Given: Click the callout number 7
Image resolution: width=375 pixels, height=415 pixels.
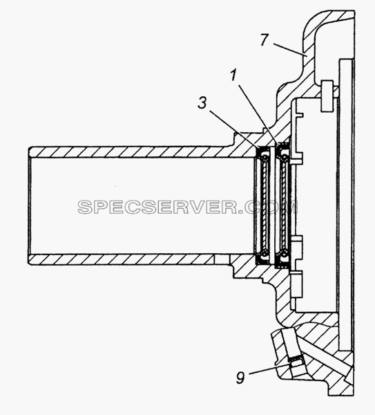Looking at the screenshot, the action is [x=265, y=41].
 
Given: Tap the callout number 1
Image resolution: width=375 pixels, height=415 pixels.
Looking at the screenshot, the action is [x=234, y=75].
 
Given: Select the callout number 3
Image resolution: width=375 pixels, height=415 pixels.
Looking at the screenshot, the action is [x=202, y=102].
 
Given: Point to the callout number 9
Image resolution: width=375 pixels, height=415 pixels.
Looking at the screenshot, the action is [x=241, y=378].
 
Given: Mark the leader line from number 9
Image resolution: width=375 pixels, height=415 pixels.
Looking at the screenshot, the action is [x=270, y=369].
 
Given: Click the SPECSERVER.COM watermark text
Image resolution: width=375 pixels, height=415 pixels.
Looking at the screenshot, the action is [x=188, y=207].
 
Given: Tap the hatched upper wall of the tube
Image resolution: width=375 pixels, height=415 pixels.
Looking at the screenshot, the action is [x=132, y=152].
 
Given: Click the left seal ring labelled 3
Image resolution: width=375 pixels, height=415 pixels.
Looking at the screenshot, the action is [x=262, y=205].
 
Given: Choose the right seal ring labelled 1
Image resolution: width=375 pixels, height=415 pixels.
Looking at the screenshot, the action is [x=282, y=205].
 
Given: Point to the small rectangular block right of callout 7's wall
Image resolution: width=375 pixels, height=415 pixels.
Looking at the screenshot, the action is [x=327, y=95].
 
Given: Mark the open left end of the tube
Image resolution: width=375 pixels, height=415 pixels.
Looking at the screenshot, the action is [x=30, y=205].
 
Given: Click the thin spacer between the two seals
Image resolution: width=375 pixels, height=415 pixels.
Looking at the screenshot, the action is [x=273, y=205].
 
